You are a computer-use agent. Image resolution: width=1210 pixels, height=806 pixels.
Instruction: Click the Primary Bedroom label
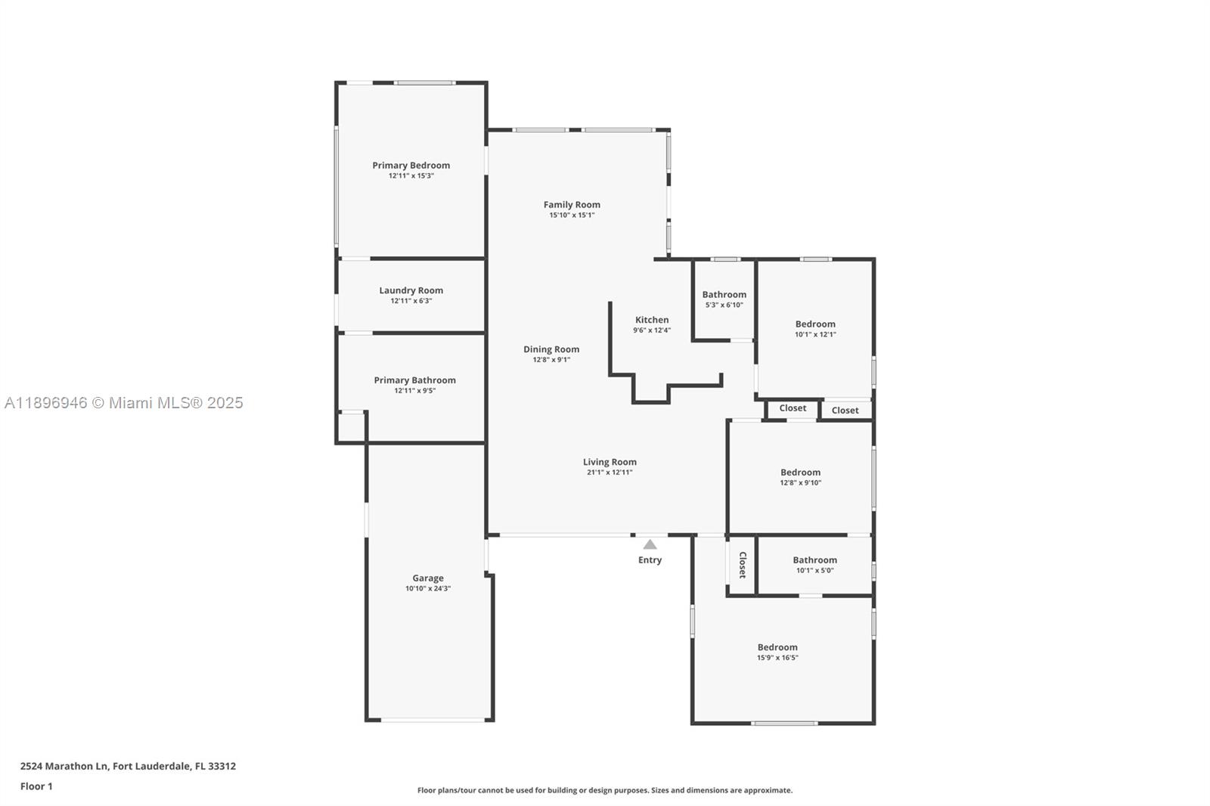411,165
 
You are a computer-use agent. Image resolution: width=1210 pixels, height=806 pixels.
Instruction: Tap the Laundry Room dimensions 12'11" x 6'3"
411,301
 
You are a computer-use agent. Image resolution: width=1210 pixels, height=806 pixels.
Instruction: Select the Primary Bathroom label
414,380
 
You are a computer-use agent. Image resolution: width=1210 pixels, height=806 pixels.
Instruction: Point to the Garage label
428,578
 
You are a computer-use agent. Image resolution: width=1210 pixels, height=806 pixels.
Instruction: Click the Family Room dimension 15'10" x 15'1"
572,215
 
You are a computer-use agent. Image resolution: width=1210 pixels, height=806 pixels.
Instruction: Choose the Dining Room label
551,349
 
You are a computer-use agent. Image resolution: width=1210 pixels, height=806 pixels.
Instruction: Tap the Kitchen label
652,320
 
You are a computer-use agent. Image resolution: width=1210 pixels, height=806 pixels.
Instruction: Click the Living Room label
610,462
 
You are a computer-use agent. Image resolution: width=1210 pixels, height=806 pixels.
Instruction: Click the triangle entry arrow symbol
650,544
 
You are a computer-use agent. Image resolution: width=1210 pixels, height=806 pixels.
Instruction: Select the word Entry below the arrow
650,560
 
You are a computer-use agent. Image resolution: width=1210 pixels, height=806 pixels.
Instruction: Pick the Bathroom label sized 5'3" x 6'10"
724,295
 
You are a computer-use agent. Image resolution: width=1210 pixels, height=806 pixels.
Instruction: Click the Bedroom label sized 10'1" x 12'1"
815,324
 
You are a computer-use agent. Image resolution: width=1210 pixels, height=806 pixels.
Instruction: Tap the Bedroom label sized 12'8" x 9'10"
800,473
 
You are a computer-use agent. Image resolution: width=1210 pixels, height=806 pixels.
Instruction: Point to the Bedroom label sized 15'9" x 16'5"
777,647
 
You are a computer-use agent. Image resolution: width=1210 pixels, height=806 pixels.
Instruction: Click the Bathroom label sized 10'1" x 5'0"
814,560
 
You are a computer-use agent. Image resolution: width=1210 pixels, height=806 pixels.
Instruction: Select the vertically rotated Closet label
743,565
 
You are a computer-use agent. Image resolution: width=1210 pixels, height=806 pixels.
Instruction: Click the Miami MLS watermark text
123,403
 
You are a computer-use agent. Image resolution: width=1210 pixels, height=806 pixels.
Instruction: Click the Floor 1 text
36,786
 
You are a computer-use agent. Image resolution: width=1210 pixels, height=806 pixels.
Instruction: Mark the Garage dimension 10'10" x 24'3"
428,589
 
